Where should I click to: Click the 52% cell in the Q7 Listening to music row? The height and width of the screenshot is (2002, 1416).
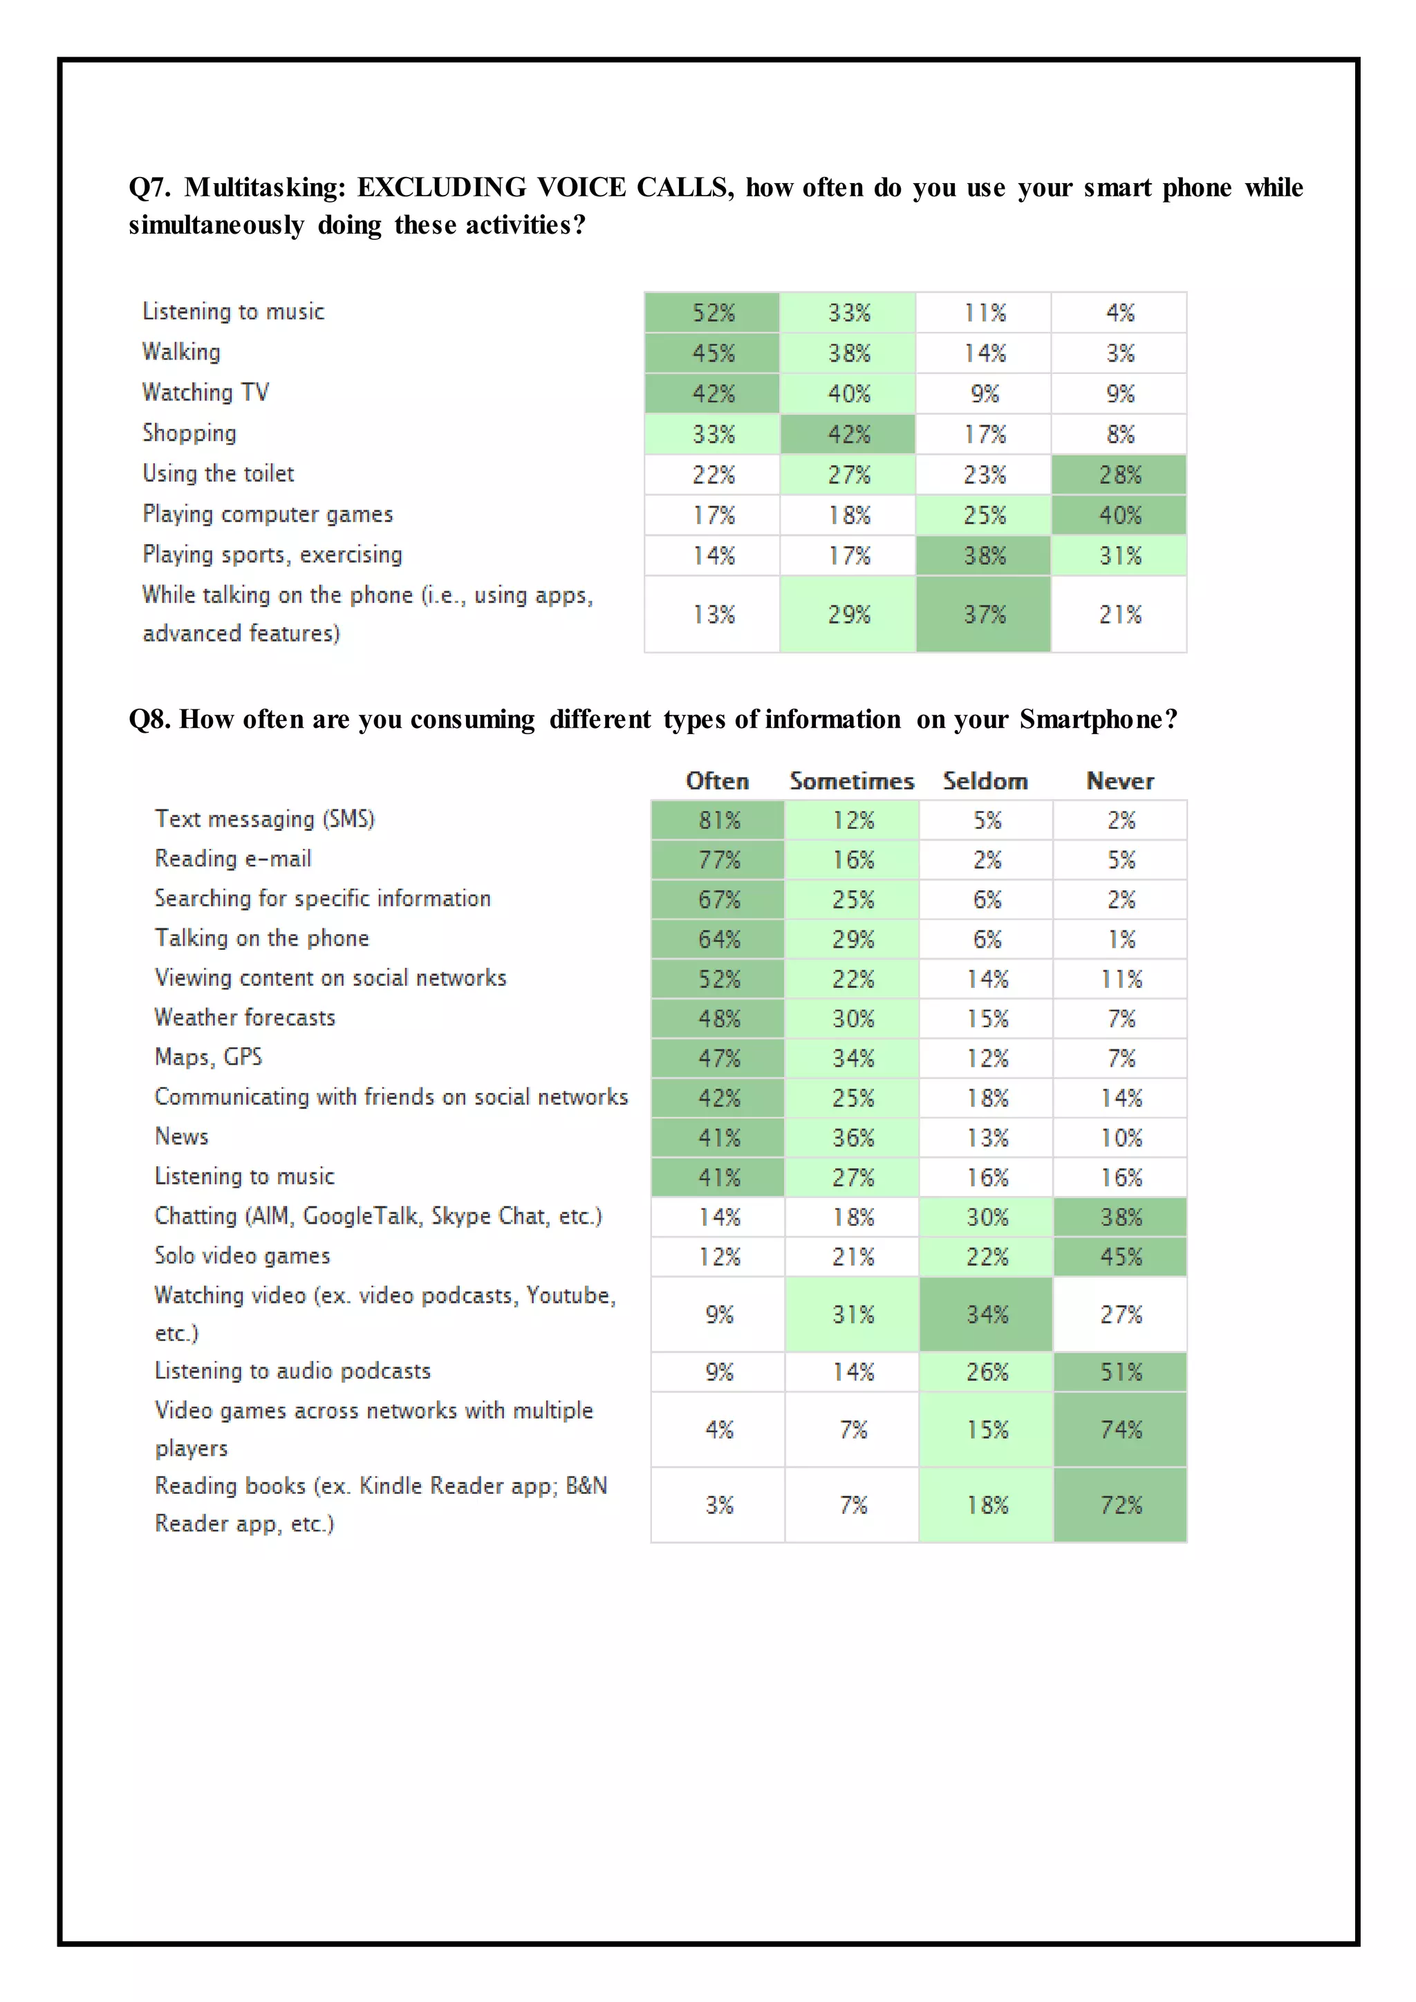point(712,313)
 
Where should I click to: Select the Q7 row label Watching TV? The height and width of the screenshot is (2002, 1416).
point(206,393)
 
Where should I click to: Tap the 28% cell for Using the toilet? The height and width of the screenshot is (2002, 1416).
point(1119,475)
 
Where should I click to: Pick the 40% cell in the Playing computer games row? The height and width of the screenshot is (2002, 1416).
point(1119,515)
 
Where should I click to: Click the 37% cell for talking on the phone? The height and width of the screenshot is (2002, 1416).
point(984,615)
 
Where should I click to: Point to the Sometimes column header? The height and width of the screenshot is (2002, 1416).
point(852,781)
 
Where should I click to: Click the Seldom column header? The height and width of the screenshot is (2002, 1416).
point(985,781)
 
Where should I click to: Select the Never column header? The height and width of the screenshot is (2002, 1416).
point(1119,781)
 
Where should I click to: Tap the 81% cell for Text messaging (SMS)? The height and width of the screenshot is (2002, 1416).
point(718,821)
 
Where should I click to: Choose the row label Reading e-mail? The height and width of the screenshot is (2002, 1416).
point(233,859)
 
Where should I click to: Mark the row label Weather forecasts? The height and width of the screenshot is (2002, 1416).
point(245,1018)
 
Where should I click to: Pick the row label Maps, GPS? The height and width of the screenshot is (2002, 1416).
point(208,1057)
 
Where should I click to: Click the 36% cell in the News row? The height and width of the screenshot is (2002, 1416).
point(853,1138)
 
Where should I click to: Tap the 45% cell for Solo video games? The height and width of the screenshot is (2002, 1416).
point(1120,1257)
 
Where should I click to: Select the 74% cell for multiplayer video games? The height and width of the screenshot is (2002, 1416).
point(1120,1430)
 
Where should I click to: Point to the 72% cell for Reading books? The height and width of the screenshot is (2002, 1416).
point(1120,1505)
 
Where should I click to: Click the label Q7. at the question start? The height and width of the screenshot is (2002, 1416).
point(149,187)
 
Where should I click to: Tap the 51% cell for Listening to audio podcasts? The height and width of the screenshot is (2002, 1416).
point(1120,1372)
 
